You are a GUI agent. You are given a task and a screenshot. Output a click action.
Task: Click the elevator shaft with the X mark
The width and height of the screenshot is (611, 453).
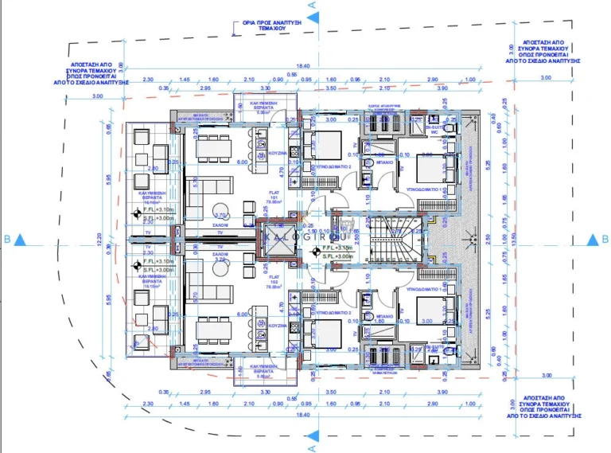point(279,240)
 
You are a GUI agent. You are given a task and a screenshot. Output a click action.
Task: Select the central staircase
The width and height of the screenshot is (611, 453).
point(392,240)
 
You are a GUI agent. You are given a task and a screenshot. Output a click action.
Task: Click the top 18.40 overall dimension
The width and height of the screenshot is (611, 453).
point(303,67)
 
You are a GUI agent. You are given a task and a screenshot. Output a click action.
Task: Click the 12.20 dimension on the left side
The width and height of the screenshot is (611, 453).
point(111,237)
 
